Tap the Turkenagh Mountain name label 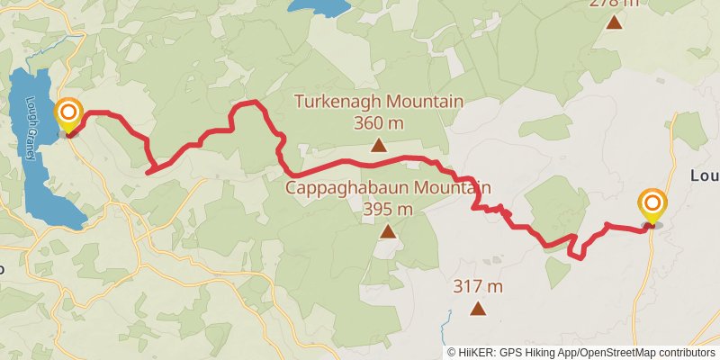click(379, 102)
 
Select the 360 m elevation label click(379, 123)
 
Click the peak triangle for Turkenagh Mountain click(379, 144)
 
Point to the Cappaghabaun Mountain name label click(389, 188)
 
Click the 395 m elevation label click(388, 210)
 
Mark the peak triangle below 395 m click(388, 232)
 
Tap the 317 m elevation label click(477, 287)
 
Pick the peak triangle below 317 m click(477, 310)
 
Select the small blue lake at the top click(319, 7)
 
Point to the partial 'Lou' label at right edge click(704, 175)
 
